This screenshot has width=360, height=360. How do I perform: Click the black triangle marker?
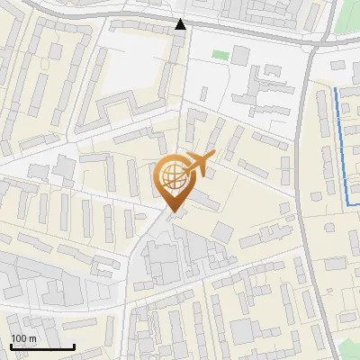(181, 24)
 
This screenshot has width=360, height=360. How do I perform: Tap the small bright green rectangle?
(220, 55)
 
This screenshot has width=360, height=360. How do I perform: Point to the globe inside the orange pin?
(171, 175)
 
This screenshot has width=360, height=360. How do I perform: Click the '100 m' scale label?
(23, 339)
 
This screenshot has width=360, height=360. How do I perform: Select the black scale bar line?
(42, 347)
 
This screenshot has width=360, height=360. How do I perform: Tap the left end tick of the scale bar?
(11, 346)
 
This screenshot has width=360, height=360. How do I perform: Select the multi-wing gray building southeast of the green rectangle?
(261, 95)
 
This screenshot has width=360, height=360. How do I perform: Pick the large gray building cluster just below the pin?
(166, 261)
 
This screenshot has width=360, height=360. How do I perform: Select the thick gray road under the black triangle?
(180, 36)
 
